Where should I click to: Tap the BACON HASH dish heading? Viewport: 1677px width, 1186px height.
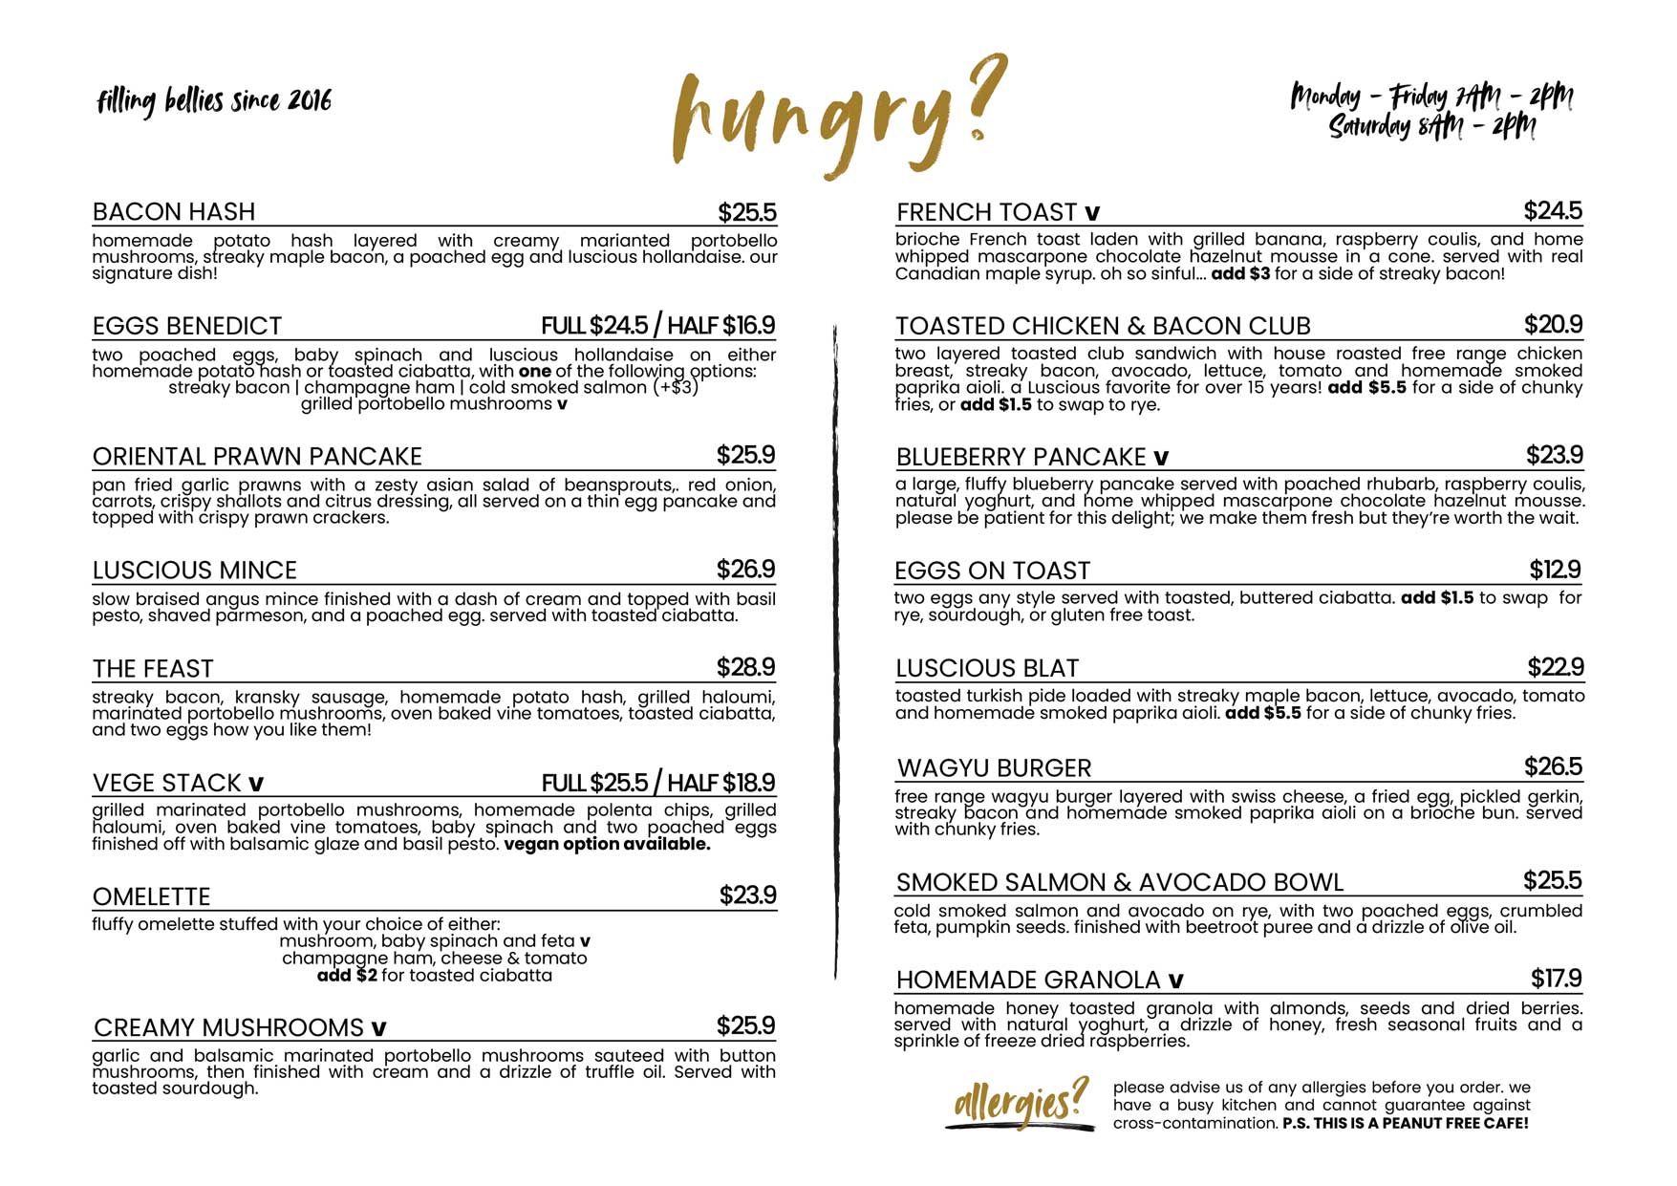174,211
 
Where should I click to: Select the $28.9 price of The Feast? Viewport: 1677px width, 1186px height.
745,667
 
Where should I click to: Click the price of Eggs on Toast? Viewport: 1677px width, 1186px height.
1555,570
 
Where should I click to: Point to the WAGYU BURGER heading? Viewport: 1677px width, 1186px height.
994,767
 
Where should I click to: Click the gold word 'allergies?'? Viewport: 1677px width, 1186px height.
1021,1102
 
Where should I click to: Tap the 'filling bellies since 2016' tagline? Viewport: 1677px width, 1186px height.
214,100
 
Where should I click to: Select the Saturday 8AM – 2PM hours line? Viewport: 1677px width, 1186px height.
1432,126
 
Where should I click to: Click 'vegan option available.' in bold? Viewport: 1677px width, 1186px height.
607,845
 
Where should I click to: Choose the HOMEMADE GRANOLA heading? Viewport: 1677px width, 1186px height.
1028,980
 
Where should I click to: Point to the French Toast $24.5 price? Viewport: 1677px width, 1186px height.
1553,210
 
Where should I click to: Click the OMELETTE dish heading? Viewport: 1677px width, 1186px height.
151,896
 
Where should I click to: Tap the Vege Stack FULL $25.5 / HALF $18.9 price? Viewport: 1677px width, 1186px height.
658,783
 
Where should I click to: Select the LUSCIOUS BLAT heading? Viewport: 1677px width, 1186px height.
987,668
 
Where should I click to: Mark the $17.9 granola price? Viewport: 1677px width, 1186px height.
1556,978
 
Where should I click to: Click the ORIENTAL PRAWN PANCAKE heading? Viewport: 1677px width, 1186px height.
257,456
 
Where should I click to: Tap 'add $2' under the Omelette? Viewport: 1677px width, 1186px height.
347,976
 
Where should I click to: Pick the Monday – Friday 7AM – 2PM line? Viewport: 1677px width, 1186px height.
1431,97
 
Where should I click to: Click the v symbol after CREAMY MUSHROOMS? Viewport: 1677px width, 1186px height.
378,1028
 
